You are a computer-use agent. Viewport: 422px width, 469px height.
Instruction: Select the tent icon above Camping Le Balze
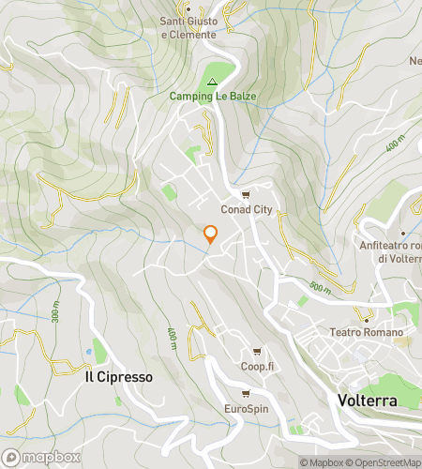tap(211, 81)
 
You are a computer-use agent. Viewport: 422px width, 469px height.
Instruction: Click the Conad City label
tap(246, 209)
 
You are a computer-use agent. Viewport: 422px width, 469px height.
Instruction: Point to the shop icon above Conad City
tap(245, 195)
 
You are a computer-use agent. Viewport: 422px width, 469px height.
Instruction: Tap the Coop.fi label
tap(255, 367)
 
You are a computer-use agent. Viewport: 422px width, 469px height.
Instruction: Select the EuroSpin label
tap(246, 408)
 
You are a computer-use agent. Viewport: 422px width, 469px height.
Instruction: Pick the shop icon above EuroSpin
tap(245, 394)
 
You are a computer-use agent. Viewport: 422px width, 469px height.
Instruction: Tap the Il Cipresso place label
tap(118, 376)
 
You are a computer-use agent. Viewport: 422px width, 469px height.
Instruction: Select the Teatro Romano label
tap(366, 332)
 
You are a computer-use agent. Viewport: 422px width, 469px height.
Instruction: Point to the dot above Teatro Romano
tap(366, 319)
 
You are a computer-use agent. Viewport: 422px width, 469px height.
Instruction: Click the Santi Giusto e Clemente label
tap(189, 28)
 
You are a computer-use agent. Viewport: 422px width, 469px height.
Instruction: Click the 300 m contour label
tap(55, 315)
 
